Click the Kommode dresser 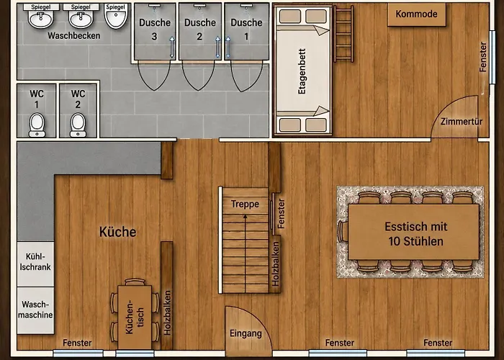point(417,14)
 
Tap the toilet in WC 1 point(37,125)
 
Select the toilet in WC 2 point(78,125)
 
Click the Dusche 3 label point(155,30)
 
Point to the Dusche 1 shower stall point(246,32)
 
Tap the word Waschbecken point(74,36)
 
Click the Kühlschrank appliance point(35,264)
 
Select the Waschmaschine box point(35,310)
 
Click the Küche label point(117,232)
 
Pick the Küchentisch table point(135,318)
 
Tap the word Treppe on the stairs point(245,204)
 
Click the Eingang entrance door point(246,332)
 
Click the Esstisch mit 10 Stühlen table point(414,232)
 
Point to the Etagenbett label point(302,71)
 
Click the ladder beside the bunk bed point(343,34)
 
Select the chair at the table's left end point(343,231)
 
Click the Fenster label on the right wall point(483,57)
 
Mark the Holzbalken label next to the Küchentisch point(167,312)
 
